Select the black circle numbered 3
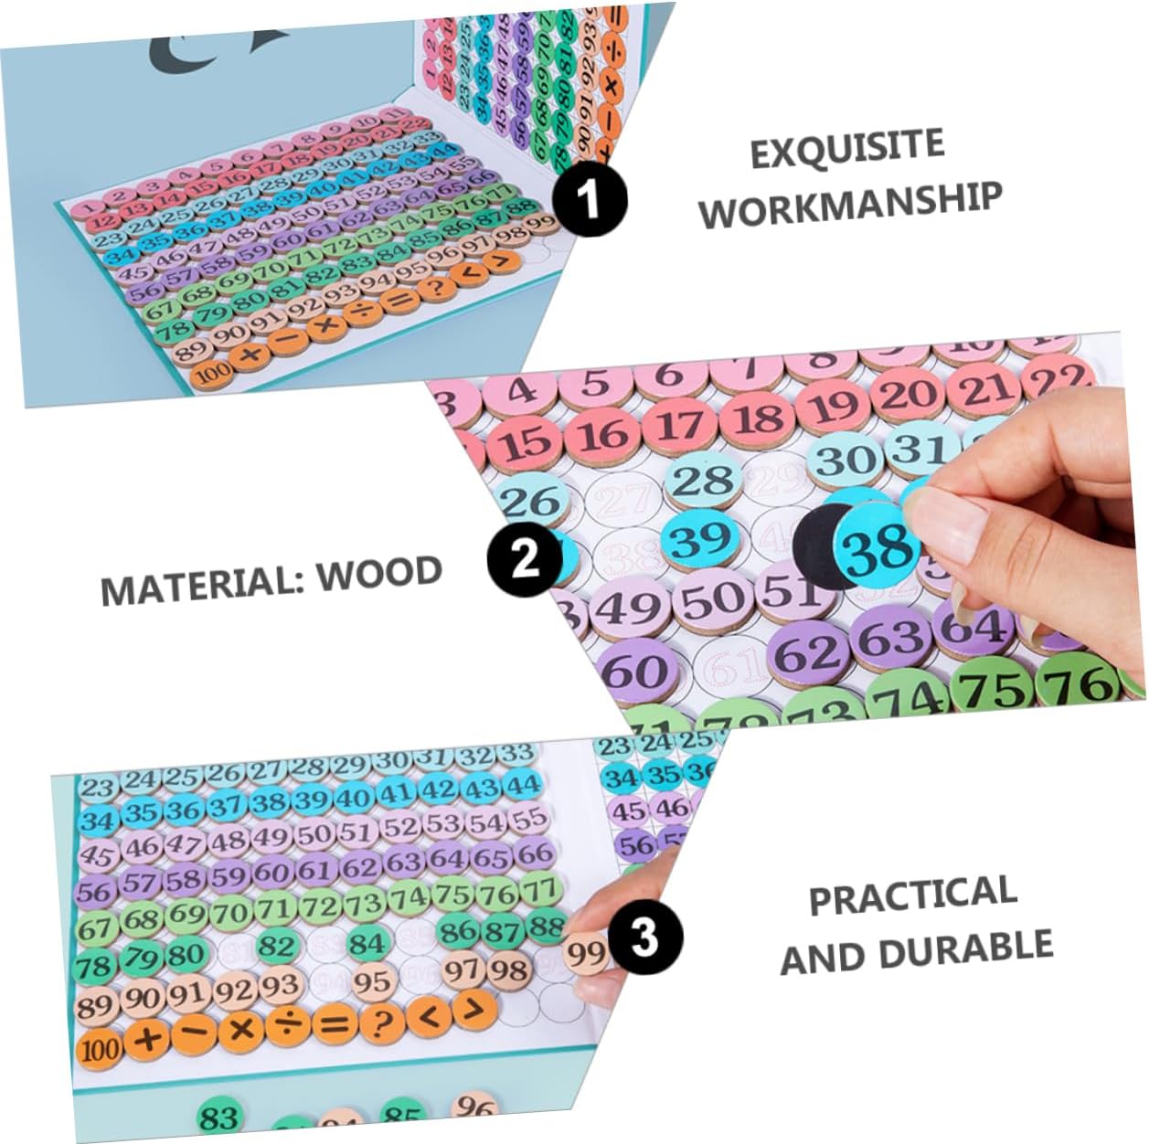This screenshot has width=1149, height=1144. [x=644, y=937]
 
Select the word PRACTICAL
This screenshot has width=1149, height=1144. [x=912, y=895]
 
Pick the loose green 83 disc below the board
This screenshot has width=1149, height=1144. [x=219, y=1117]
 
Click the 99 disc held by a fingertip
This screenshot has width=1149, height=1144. [x=586, y=954]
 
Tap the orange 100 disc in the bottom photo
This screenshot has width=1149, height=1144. [x=100, y=1048]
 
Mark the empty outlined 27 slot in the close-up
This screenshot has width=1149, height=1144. [x=623, y=500]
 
